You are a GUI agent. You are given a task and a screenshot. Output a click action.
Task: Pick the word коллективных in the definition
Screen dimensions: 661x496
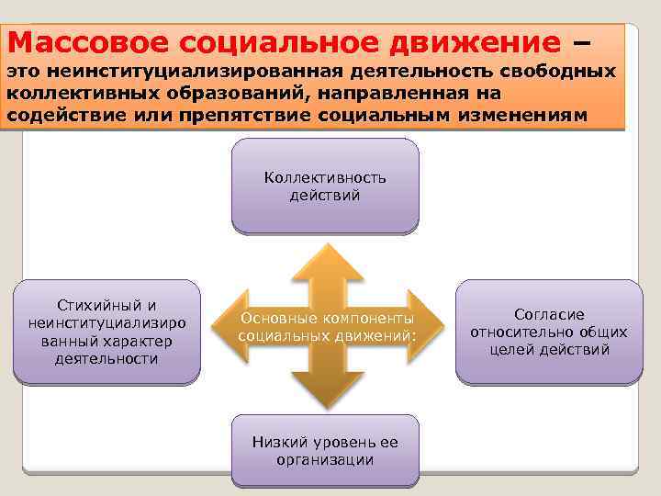tap(72, 94)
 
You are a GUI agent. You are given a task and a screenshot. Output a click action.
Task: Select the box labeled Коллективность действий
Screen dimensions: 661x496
tap(325, 186)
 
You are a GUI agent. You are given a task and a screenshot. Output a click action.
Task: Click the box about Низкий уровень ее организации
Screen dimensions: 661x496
tap(325, 450)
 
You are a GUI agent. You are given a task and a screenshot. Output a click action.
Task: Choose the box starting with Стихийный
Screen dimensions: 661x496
tap(106, 332)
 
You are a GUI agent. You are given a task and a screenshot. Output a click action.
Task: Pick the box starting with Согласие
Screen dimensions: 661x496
tap(549, 332)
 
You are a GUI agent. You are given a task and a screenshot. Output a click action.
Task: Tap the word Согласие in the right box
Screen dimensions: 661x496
tap(549, 314)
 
